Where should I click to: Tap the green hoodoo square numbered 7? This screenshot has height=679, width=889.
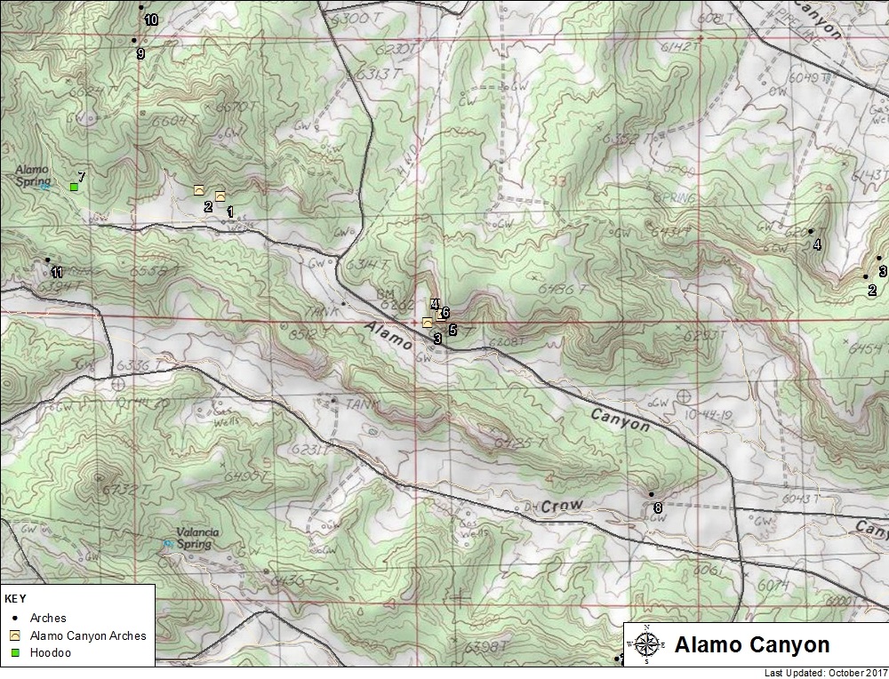[74, 187]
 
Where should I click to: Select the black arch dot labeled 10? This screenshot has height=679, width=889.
[140, 7]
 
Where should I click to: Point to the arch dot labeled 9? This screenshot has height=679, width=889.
[134, 40]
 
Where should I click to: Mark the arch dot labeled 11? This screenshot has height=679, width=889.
[46, 260]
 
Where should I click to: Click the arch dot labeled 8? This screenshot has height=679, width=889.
[651, 494]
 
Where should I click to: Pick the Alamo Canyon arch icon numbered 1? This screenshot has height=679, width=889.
[220, 196]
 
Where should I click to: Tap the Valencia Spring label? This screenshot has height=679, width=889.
[193, 539]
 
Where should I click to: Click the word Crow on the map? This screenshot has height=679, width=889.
[565, 505]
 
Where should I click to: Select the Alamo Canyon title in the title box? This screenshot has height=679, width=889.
[751, 644]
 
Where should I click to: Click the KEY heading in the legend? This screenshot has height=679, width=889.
[15, 599]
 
